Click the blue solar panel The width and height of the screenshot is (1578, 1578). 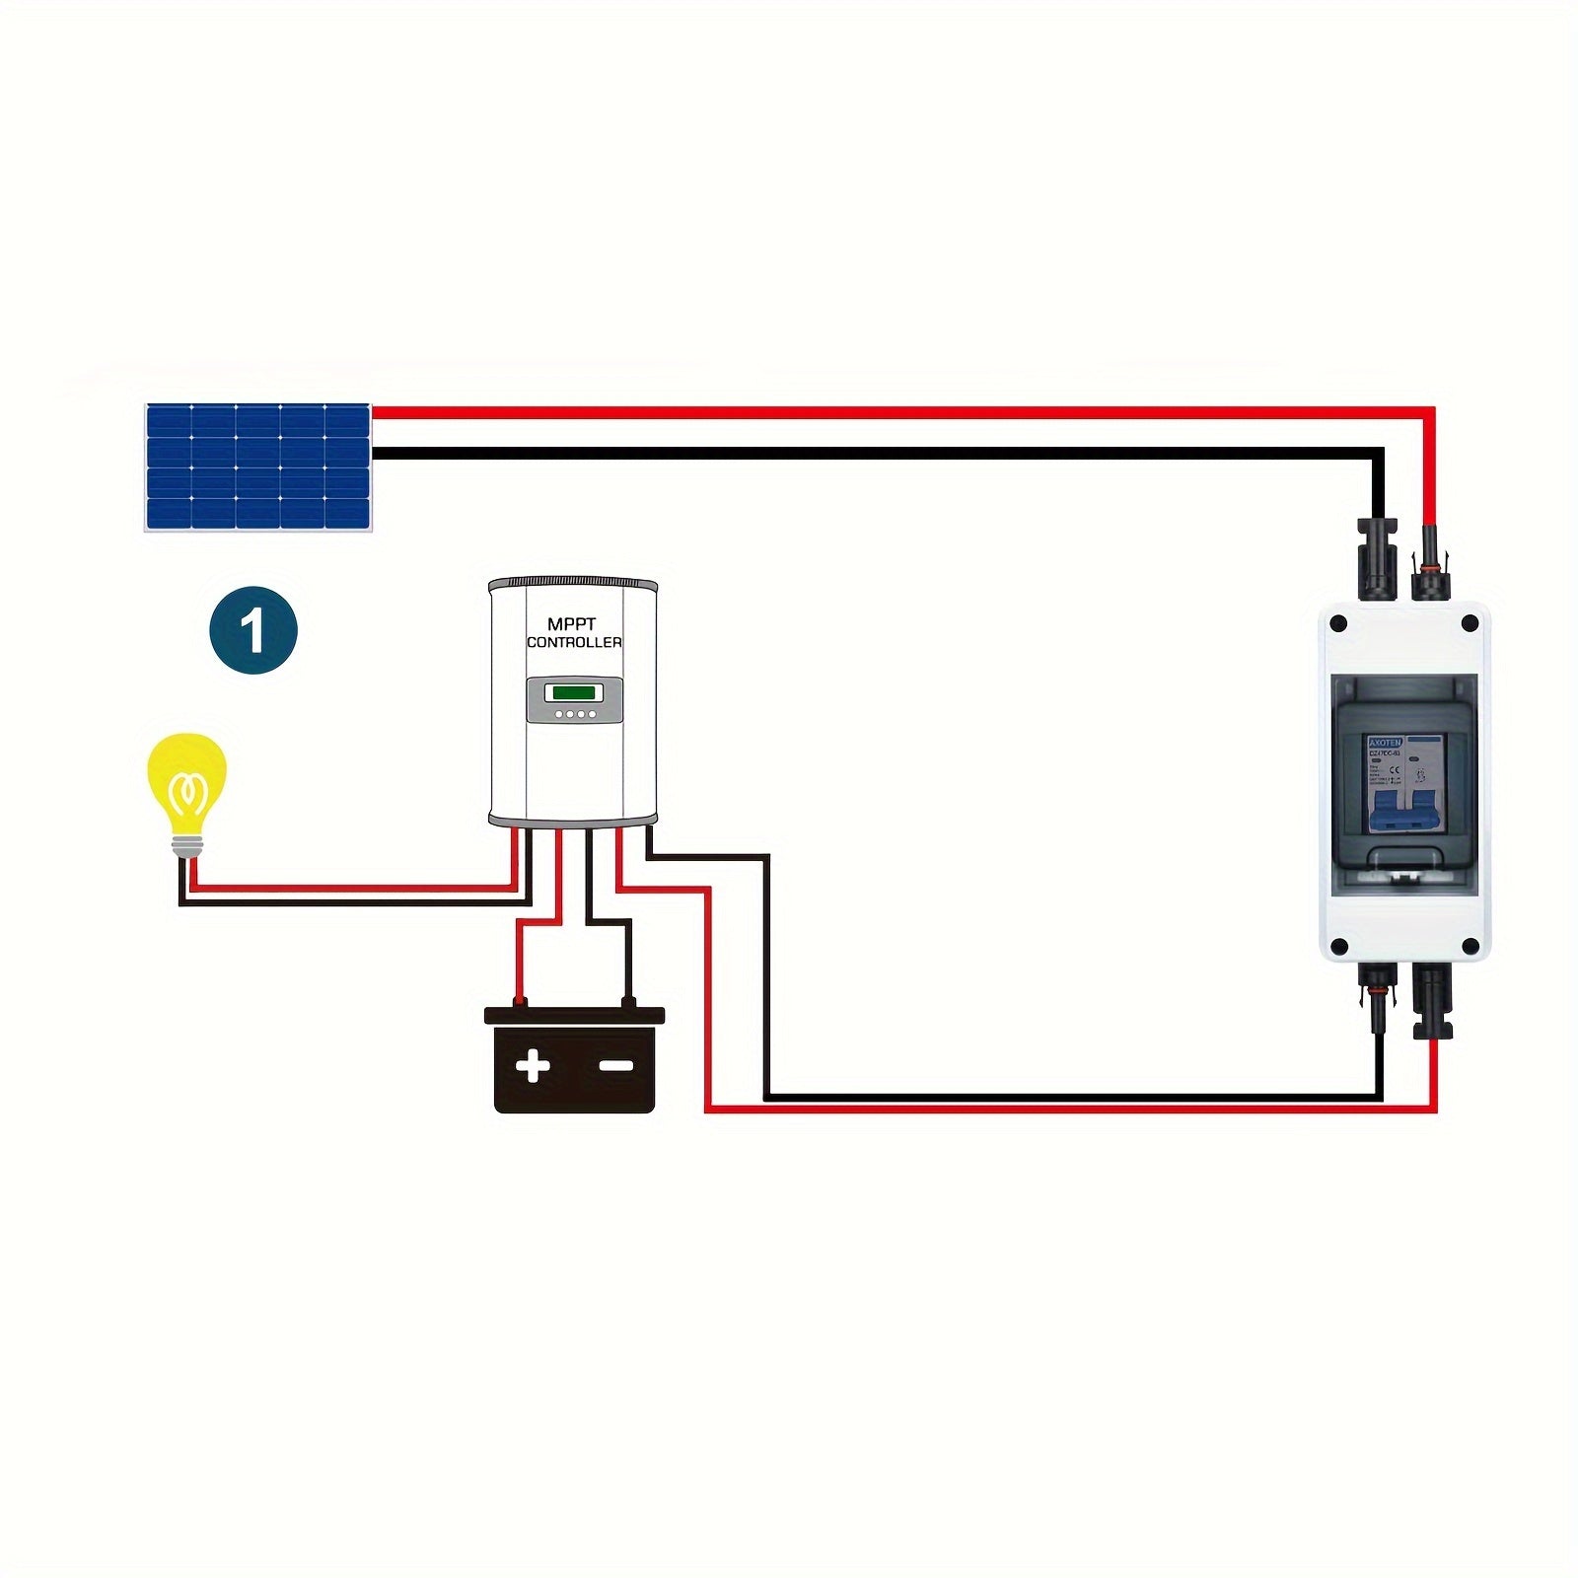point(258,466)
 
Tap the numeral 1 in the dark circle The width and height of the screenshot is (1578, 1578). point(253,630)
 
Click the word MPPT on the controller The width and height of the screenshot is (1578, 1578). point(572,624)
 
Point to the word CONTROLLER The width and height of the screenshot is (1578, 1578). point(574,642)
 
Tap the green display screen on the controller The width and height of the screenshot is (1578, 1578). point(574,691)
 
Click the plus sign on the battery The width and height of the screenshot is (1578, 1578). point(533,1066)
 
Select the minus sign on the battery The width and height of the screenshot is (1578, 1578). point(616,1066)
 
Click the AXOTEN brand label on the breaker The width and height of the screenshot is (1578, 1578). point(1385,742)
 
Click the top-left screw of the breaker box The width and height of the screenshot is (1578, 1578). point(1338,623)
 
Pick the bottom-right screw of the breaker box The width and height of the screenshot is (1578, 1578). point(1470,947)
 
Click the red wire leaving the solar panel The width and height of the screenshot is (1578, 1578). point(789,411)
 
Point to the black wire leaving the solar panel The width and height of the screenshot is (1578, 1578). point(789,454)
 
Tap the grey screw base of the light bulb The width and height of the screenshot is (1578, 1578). point(186,845)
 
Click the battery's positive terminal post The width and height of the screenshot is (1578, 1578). point(519,1003)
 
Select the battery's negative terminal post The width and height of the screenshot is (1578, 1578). point(628,1003)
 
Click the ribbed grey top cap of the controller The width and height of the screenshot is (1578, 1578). point(573,583)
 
